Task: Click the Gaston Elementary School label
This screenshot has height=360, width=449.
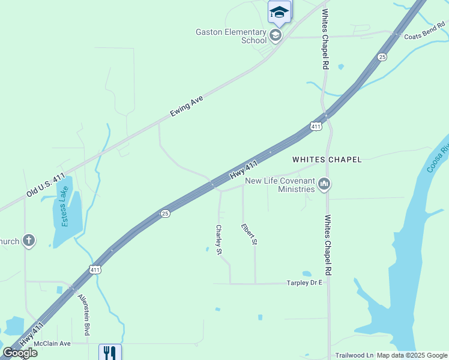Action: coord(231,36)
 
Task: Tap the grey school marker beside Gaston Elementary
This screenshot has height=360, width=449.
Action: coord(276,35)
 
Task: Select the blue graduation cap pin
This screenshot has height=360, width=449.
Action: coord(279,11)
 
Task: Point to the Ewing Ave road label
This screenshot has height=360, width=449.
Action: coord(187,106)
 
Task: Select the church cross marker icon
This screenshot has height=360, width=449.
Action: coord(28,241)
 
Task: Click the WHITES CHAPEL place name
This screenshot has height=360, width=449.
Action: coord(327,160)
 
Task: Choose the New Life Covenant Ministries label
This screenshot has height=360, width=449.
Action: coord(280,185)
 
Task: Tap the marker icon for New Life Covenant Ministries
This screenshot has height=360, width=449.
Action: coord(324,184)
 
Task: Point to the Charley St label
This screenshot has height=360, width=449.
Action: coord(219,239)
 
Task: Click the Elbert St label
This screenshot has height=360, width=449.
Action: coord(249,233)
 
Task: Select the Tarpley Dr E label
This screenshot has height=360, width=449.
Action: coord(305,282)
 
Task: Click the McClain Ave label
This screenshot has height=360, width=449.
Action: coord(52,344)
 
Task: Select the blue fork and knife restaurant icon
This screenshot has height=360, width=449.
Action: coord(110,352)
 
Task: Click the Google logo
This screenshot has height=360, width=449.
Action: coord(20,353)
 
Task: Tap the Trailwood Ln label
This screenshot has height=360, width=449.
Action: coord(354,355)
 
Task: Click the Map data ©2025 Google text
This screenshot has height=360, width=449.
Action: coord(412,355)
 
